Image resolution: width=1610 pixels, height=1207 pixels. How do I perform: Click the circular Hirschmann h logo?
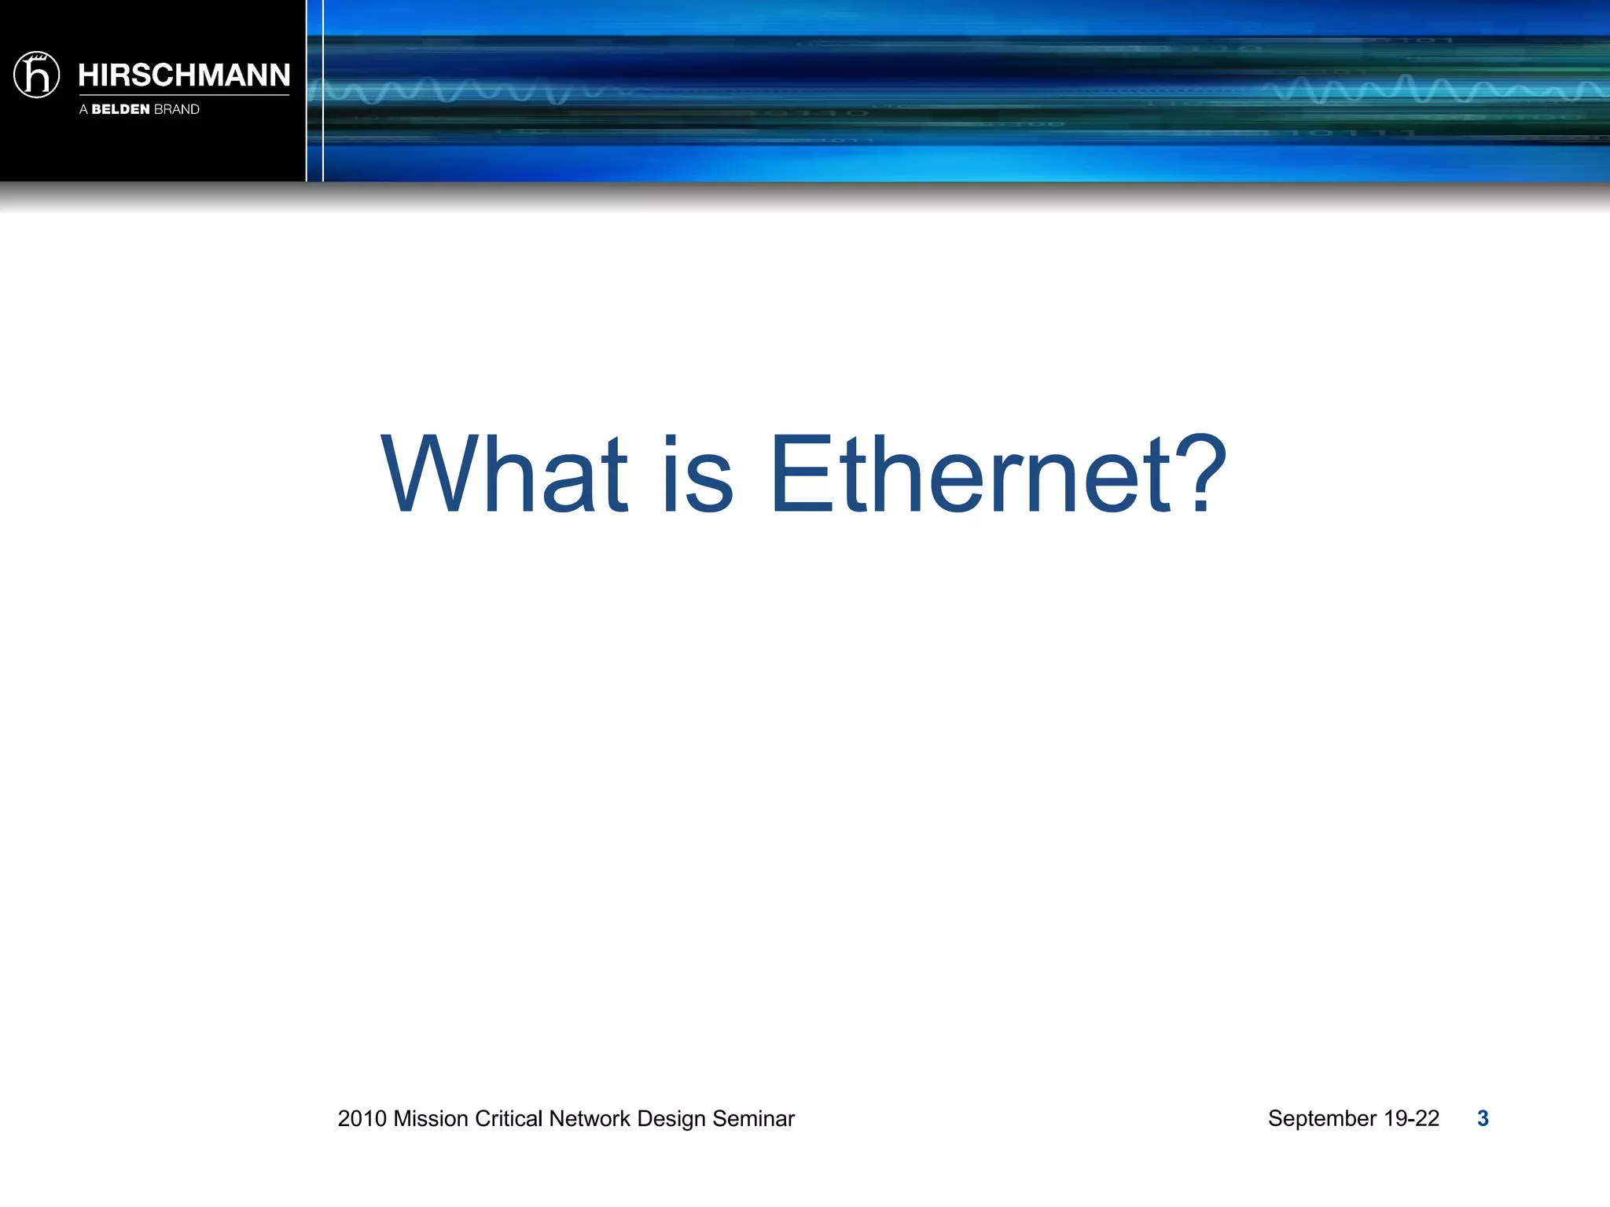[37, 75]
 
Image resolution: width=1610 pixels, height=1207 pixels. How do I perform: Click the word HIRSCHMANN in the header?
[184, 75]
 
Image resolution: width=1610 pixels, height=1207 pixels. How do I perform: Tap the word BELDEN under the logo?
[120, 109]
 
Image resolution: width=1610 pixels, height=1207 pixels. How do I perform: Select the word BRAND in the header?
[177, 109]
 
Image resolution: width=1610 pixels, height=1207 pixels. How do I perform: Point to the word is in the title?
[697, 476]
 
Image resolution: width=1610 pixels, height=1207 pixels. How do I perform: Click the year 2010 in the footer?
[362, 1118]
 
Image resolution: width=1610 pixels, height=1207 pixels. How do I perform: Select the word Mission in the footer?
[431, 1118]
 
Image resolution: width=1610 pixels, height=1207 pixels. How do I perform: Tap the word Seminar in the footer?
[753, 1118]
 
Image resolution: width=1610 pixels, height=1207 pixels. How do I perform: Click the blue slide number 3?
[1483, 1118]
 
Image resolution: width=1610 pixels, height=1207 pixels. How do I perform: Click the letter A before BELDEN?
[83, 109]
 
